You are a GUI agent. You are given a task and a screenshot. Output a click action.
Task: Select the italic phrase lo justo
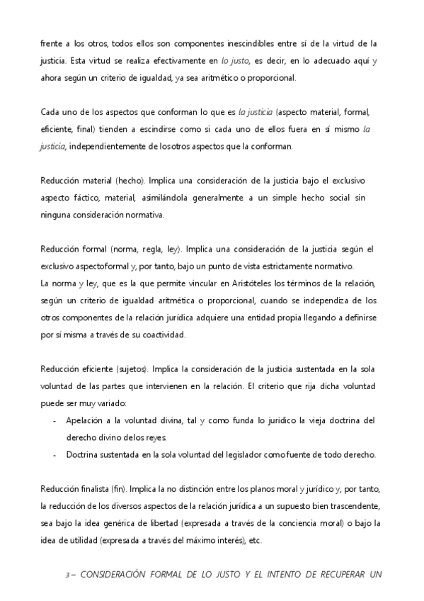(236, 61)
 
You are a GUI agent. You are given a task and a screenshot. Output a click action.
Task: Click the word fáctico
(96, 197)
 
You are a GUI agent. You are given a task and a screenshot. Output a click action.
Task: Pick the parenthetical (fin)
(118, 488)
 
